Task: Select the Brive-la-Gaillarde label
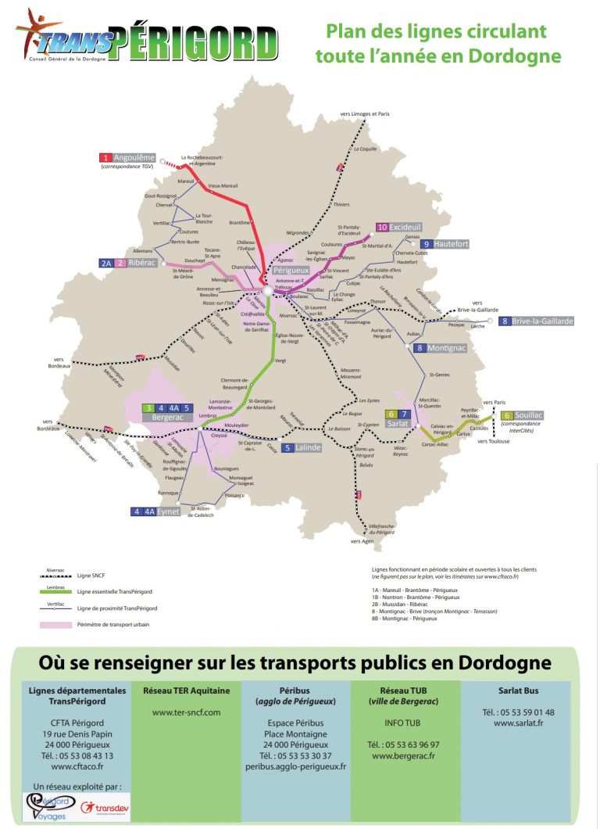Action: click(x=542, y=321)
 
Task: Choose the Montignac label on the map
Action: click(x=446, y=348)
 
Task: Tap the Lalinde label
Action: click(x=303, y=448)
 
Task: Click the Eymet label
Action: click(x=168, y=511)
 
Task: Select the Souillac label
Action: click(x=528, y=414)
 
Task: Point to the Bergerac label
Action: click(x=167, y=418)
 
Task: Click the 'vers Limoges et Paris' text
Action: click(x=365, y=114)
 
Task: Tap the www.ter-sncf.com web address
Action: click(x=186, y=712)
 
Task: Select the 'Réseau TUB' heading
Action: click(x=404, y=691)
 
